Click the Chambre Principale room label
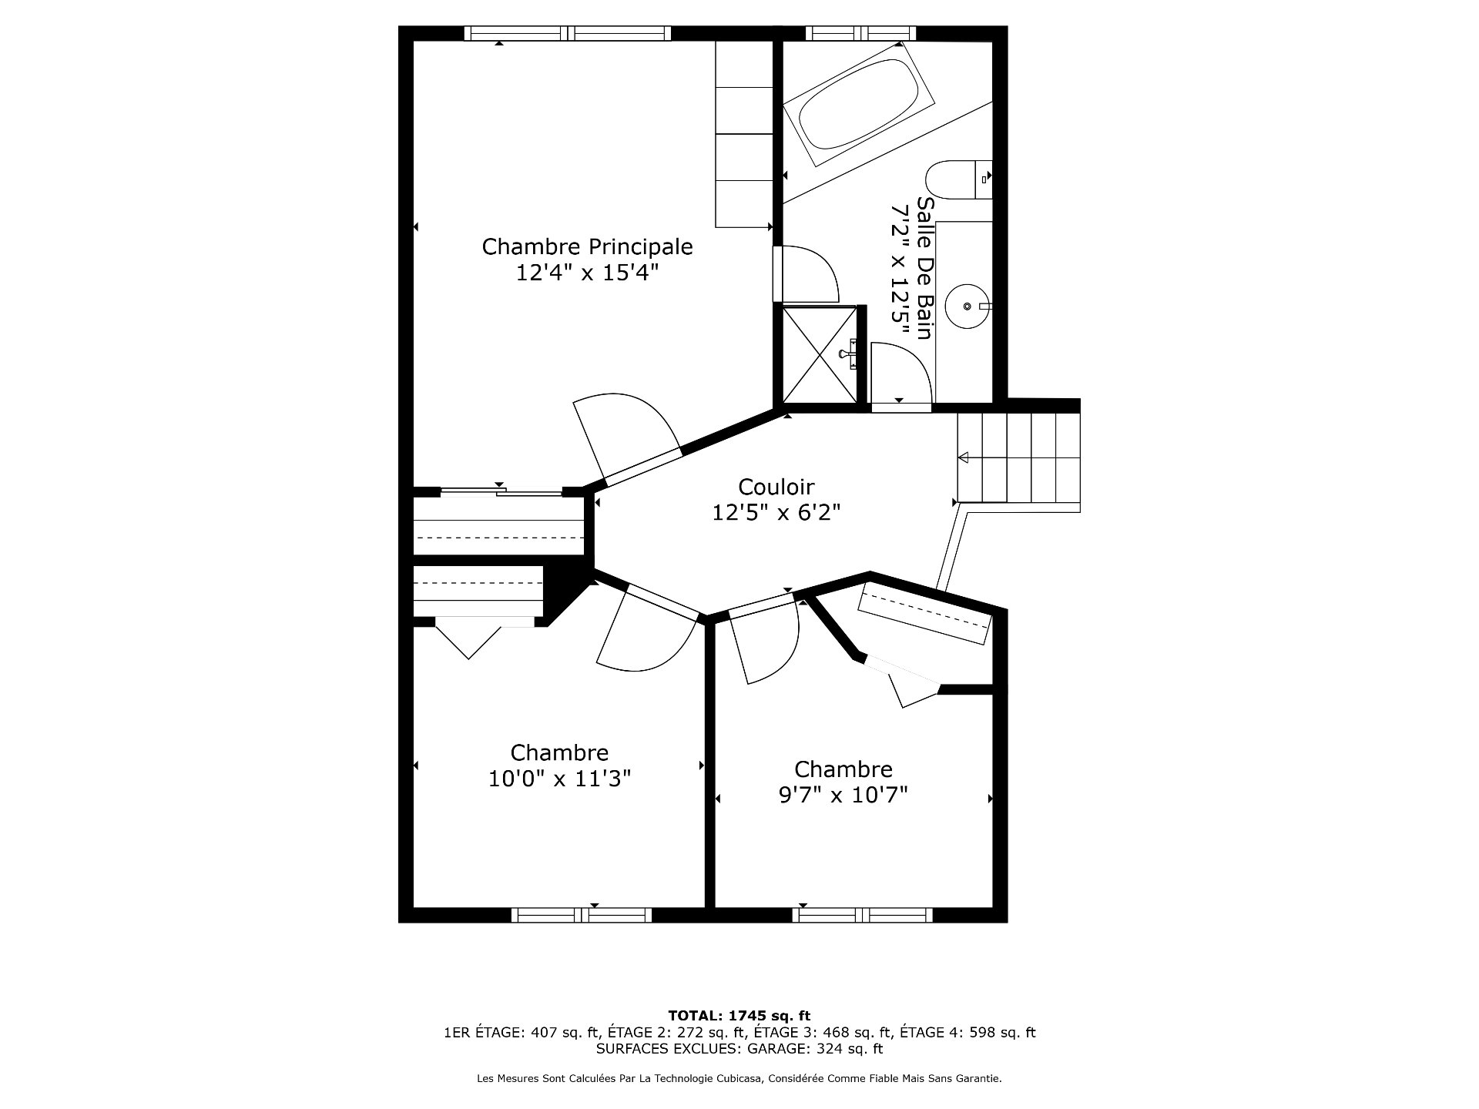pyautogui.click(x=587, y=246)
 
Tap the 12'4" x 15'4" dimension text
pyautogui.click(x=588, y=273)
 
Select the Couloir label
pyautogui.click(x=776, y=487)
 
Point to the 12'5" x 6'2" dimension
pyautogui.click(x=776, y=513)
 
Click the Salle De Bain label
pyautogui.click(x=924, y=267)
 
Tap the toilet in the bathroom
pyautogui.click(x=959, y=180)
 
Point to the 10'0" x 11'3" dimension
pyautogui.click(x=560, y=779)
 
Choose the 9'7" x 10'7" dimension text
pyautogui.click(x=843, y=795)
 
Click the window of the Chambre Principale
pyautogui.click(x=568, y=33)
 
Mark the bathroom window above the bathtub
pyautogui.click(x=860, y=33)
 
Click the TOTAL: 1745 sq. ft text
pyautogui.click(x=739, y=1016)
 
